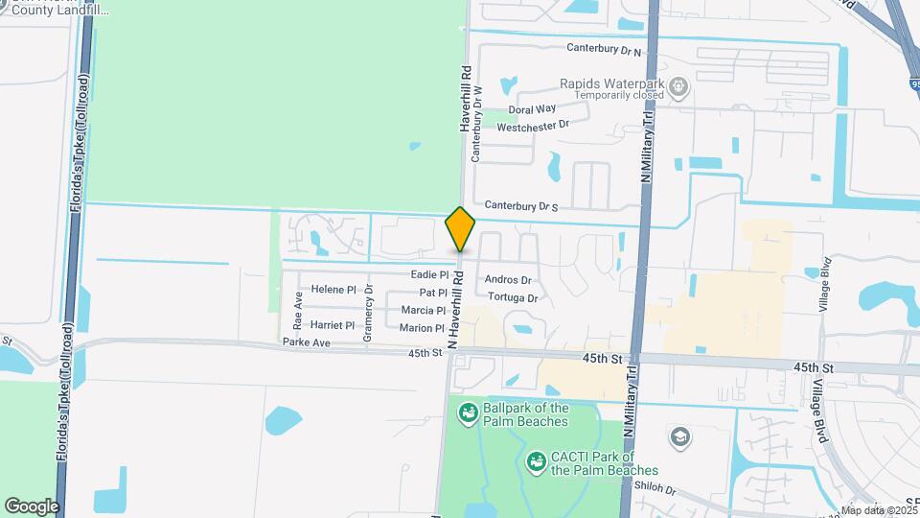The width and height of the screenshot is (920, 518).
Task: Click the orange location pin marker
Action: [461, 230]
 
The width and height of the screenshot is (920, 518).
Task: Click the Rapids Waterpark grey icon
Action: [678, 88]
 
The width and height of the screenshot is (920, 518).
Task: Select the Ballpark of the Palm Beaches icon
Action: [470, 413]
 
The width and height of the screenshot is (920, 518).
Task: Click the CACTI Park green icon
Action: [537, 463]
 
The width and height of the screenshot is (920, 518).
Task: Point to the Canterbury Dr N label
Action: [603, 49]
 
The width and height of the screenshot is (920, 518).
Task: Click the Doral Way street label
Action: [533, 109]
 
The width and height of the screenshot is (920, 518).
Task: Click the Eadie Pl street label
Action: [429, 275]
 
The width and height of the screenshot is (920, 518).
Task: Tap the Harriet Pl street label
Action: [333, 325]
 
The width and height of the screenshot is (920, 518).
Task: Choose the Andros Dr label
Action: [508, 280]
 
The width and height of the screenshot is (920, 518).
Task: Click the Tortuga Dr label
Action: [513, 297]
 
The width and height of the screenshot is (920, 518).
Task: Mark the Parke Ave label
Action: [307, 342]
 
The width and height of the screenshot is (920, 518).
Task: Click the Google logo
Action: [32, 506]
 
